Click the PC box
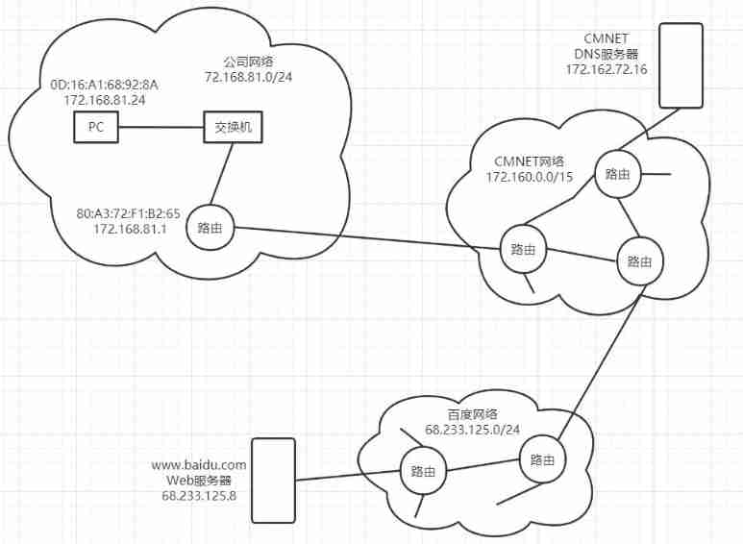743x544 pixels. coord(96,127)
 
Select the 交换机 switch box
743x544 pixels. coord(233,127)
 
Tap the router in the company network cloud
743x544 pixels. coord(211,228)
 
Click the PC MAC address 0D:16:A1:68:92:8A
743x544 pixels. coord(104,85)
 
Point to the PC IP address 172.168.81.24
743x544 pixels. coord(104,99)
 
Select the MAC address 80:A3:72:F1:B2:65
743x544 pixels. coord(133,213)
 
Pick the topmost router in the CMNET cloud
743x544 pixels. coord(617,174)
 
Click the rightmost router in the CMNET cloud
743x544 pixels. coord(639,260)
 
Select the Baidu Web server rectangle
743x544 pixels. coord(273,482)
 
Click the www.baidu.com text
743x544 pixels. coord(200,465)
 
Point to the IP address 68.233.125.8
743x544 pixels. coord(200,494)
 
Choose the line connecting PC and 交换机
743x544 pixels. coord(161,127)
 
